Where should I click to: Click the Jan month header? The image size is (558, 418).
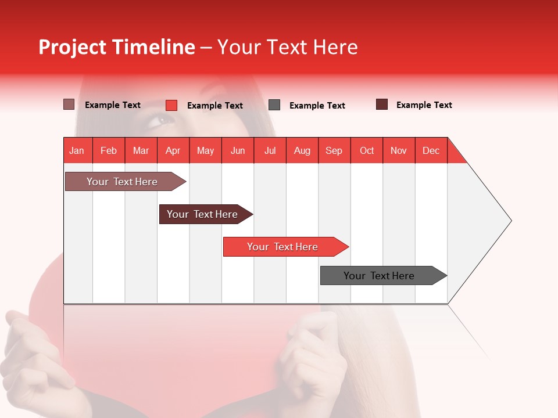(x=77, y=150)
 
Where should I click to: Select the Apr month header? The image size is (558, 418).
(x=173, y=150)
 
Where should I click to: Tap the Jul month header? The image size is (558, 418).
(x=270, y=150)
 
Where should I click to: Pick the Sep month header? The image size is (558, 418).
(x=334, y=150)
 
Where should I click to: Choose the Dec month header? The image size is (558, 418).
(x=431, y=150)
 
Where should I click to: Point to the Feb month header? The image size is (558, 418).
(x=109, y=150)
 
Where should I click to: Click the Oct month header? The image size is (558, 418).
(x=367, y=150)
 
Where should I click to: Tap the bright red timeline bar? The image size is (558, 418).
(x=284, y=247)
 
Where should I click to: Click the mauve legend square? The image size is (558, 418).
(x=69, y=105)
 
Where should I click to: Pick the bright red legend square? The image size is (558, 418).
(x=171, y=105)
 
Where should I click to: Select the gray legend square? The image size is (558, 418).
(x=274, y=105)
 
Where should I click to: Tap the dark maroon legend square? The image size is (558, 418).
(x=382, y=105)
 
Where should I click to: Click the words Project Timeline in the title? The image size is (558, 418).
(x=117, y=47)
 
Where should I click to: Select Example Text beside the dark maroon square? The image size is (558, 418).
(x=424, y=105)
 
